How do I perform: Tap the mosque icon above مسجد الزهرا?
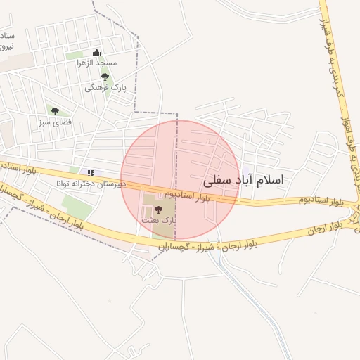pyautogui.click(x=97, y=52)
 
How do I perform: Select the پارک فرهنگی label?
pyautogui.click(x=101, y=88)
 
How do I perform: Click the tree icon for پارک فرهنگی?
pyautogui.click(x=105, y=77)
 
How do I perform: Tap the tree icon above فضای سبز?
pyautogui.click(x=54, y=110)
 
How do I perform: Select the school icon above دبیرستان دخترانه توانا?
pyautogui.click(x=90, y=172)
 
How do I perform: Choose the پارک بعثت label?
pyautogui.click(x=159, y=220)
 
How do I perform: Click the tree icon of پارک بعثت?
pyautogui.click(x=157, y=209)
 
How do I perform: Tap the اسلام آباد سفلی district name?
pyautogui.click(x=244, y=180)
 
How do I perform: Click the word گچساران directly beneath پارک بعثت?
pyautogui.click(x=170, y=248)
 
